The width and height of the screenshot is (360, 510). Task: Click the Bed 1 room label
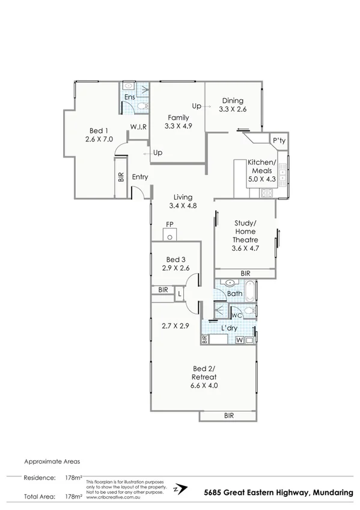[x=99, y=131]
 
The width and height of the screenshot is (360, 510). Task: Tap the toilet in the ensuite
[x=141, y=107]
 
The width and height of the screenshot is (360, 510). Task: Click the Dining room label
[x=233, y=101]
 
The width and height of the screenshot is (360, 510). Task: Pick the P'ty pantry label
[x=278, y=141]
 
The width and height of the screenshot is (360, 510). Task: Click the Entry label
[x=140, y=177]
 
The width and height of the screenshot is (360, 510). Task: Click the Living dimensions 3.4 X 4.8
[x=183, y=206]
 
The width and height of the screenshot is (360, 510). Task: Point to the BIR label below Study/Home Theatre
[x=245, y=273]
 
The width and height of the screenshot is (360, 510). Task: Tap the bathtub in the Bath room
[x=251, y=293]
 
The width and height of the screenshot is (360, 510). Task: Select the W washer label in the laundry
[x=240, y=340]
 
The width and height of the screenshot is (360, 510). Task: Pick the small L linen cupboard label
[x=179, y=293]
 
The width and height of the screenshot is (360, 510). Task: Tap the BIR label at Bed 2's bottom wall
[x=228, y=416]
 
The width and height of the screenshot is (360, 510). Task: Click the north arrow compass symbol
[x=179, y=489]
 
